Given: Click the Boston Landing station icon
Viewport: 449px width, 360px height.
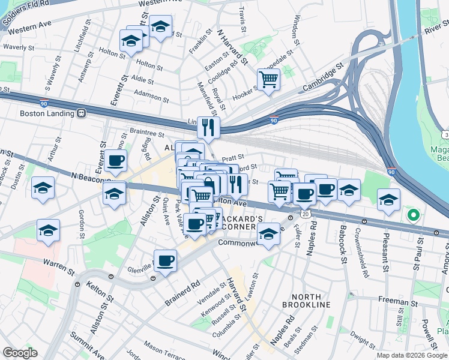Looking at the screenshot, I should [82, 113].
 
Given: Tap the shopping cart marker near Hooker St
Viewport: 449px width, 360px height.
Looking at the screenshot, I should [268, 79].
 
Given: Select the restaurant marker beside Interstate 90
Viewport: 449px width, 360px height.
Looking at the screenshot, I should [208, 126].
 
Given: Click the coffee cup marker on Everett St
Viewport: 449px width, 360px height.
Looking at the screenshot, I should [115, 161].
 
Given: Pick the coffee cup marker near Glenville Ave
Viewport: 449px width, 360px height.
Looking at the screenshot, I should [165, 261].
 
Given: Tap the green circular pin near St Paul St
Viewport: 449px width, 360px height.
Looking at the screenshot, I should [413, 214].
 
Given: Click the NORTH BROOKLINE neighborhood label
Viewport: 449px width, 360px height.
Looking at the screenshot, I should [311, 301].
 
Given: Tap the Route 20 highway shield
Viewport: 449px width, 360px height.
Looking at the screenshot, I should [306, 214].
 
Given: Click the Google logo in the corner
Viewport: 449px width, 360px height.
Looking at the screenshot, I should [20, 353].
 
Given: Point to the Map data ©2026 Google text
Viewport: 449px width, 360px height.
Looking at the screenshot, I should [412, 355].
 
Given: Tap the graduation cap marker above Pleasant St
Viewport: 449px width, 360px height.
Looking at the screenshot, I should [388, 200].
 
